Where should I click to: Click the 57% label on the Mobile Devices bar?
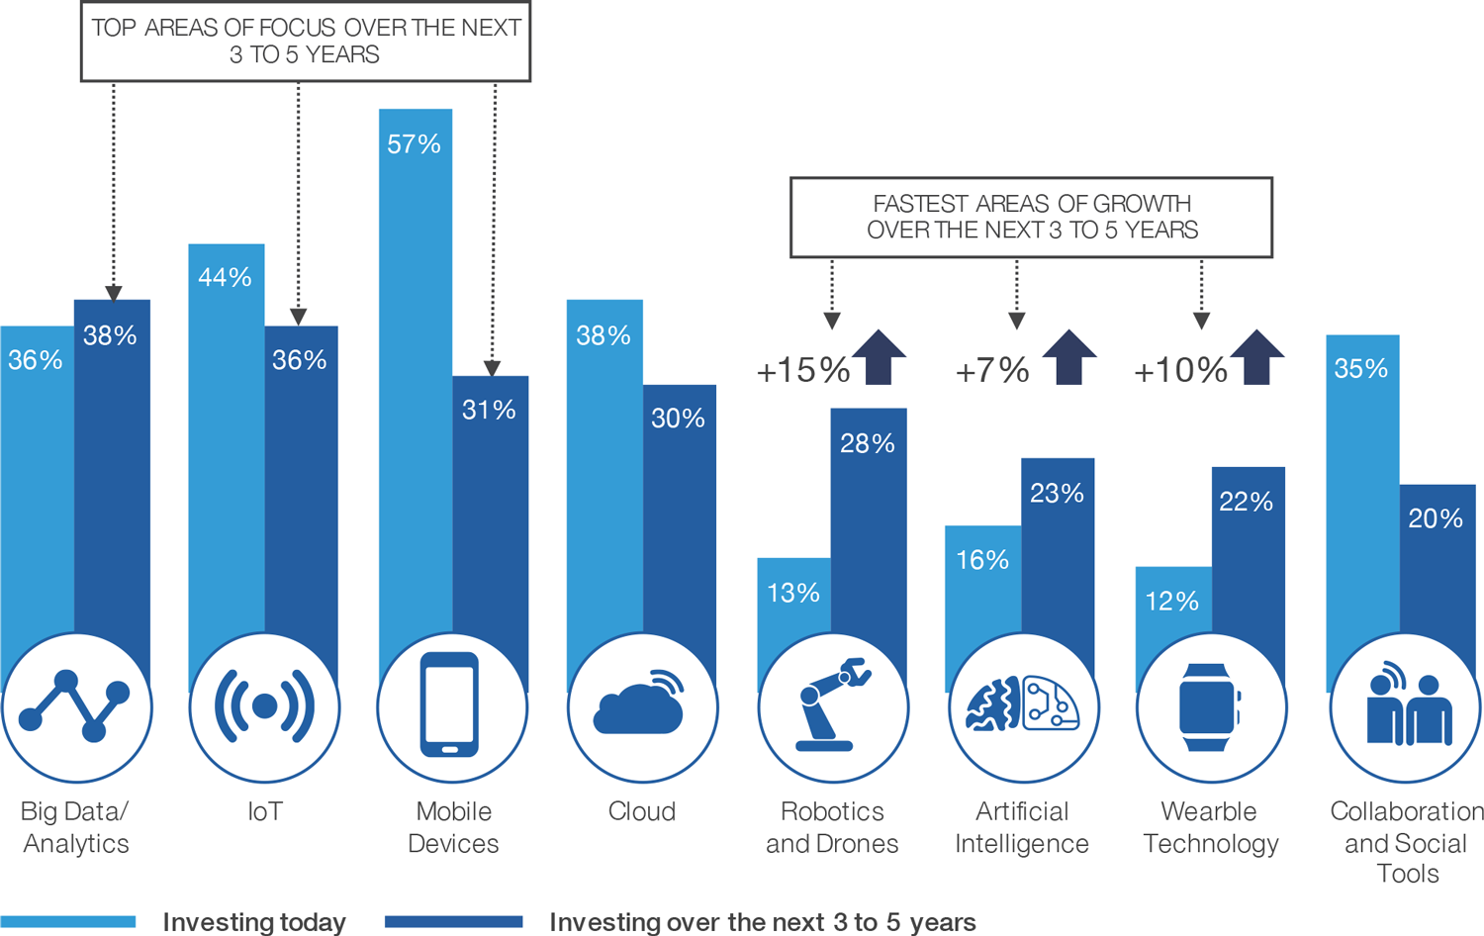pos(414,144)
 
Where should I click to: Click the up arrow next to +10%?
pos(1256,357)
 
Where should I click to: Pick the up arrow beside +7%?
pos(1068,357)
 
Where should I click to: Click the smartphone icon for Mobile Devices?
pos(450,705)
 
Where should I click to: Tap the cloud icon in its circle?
pos(640,705)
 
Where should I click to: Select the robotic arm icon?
pos(832,705)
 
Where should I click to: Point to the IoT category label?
pos(264,811)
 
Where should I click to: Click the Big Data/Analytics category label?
pos(75,827)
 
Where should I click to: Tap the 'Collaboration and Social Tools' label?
pos(1406,842)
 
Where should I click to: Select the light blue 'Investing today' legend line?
pos(67,922)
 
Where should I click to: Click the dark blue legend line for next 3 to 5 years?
pos(453,922)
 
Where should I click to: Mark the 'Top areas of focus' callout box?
pos(306,42)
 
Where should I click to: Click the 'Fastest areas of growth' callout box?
pos(1031,218)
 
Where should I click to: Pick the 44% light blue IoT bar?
pos(226,445)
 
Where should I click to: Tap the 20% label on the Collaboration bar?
pos(1436,518)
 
